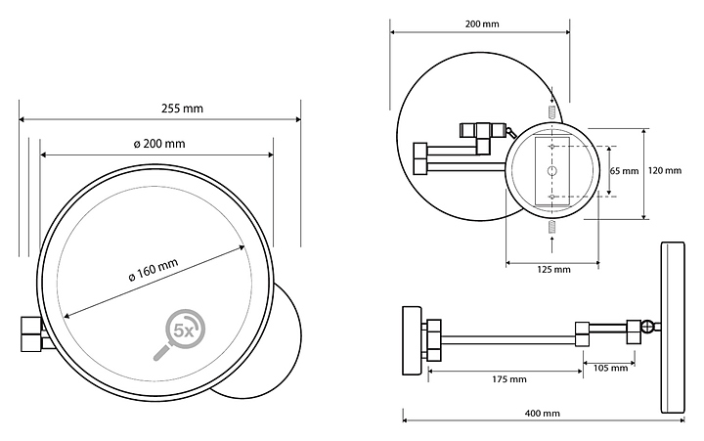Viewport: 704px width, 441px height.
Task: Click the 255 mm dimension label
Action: coord(182,109)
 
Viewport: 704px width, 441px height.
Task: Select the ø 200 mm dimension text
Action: coord(159,144)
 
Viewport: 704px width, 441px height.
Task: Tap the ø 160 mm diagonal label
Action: coord(154,270)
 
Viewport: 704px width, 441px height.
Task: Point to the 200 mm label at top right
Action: coord(482,23)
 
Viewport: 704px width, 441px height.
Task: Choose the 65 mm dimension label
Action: coord(624,171)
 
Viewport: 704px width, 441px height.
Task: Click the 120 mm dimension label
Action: coord(665,171)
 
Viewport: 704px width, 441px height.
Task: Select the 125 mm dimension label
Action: coord(553,270)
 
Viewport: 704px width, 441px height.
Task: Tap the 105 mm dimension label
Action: coord(610,369)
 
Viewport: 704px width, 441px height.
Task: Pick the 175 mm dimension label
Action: coord(509,379)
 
